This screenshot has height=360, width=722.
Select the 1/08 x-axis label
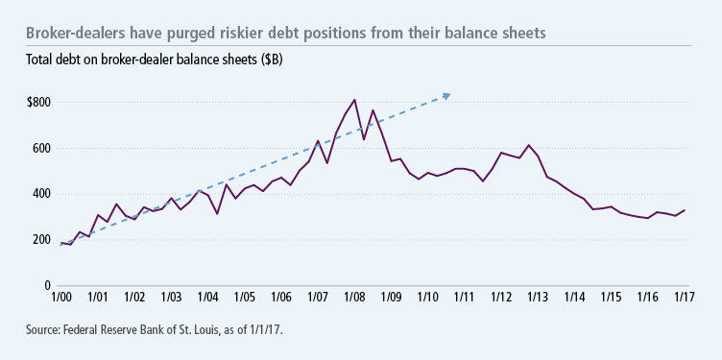[354, 299]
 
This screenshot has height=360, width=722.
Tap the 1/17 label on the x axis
[683, 299]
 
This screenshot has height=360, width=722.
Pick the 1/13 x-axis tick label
[537, 299]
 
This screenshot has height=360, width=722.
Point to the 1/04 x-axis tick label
[208, 299]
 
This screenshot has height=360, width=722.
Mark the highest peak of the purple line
[354, 99]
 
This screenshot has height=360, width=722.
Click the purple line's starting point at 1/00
[62, 243]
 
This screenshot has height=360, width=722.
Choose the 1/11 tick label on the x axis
[464, 299]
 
